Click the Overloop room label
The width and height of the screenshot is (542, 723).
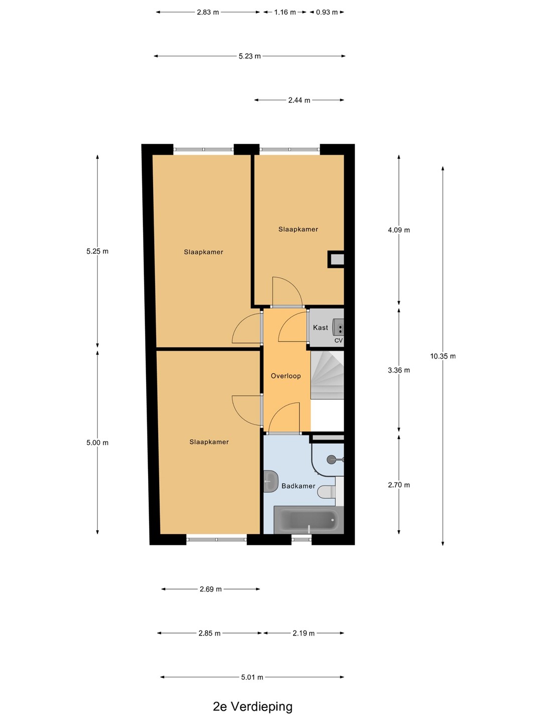286,376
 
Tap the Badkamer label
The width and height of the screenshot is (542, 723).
298,486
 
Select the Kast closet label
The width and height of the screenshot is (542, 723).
320,327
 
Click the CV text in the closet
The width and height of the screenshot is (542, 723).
338,340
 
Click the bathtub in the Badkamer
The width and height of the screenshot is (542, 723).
309,520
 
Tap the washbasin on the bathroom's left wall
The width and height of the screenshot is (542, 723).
270,481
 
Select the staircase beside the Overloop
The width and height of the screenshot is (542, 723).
327,375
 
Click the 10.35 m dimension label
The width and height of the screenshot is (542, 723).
443,356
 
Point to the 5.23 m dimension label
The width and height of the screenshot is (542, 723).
249,56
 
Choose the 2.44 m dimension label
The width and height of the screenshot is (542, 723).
299,100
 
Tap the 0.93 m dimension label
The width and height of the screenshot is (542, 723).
327,12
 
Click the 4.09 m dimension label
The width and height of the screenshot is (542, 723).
399,230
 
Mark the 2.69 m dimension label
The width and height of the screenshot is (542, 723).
211,589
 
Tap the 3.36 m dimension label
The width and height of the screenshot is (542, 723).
399,370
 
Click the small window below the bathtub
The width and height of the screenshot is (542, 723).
302,540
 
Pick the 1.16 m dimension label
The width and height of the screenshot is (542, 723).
285,12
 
